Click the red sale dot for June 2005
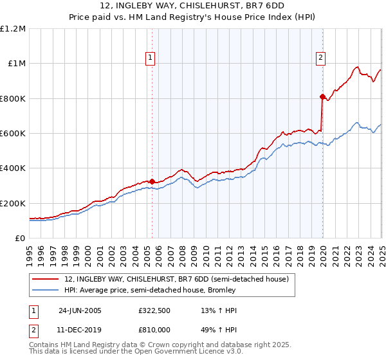[x=152, y=181]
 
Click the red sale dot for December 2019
[x=322, y=96]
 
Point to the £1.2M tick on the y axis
[x=13, y=29]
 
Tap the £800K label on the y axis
[x=13, y=98]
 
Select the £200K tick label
[x=13, y=203]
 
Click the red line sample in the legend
[x=46, y=279]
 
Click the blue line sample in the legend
[x=46, y=290]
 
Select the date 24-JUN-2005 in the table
[x=80, y=310]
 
